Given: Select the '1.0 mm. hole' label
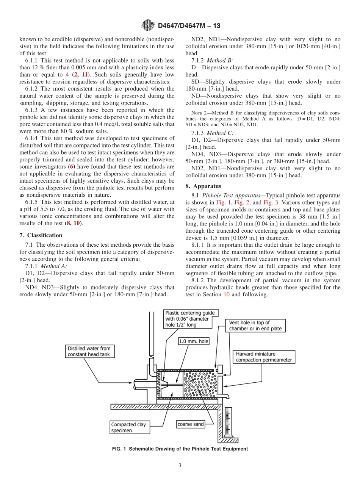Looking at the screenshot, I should pos(194,341).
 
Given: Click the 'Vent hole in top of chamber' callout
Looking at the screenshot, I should pos(255,326).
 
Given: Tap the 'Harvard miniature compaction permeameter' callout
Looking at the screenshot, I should pos(264,357).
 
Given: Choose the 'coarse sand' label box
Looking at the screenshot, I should pos(191,424).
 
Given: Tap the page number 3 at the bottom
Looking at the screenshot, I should pos(180,465).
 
